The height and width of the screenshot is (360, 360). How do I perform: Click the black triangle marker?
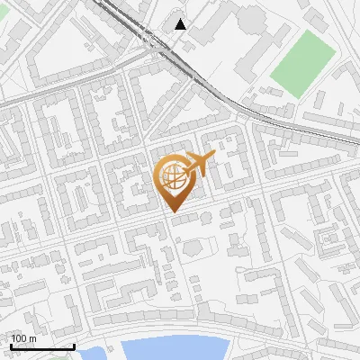(182, 23)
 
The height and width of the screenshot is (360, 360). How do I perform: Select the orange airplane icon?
(200, 164)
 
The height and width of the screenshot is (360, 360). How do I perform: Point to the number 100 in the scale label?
(19, 338)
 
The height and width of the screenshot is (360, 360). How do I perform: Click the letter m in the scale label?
(32, 338)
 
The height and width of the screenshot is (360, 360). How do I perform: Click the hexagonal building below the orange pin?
(191, 246)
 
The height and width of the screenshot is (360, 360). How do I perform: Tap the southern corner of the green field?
(296, 97)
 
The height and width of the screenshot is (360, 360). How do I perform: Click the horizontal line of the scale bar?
(41, 346)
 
